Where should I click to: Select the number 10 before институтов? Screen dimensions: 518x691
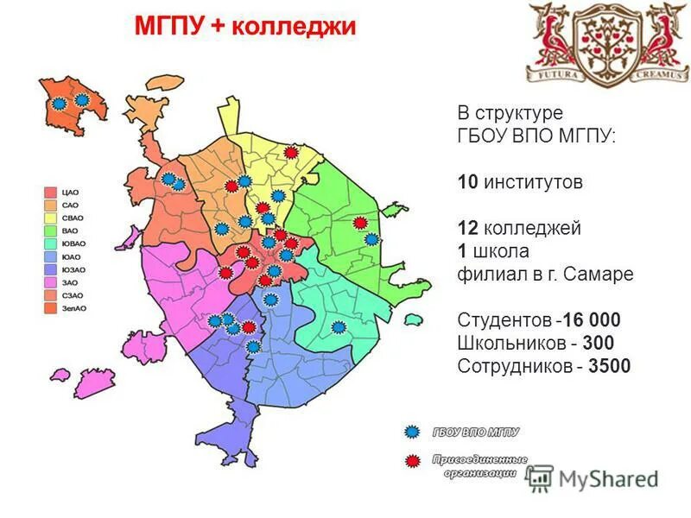click(466, 182)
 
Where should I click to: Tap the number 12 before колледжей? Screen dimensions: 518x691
click(466, 229)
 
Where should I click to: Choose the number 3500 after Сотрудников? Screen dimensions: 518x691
click(610, 366)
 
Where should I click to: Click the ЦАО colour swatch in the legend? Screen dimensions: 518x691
click(51, 192)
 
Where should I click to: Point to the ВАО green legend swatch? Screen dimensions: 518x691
click(51, 231)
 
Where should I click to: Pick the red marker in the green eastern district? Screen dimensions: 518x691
click(360, 223)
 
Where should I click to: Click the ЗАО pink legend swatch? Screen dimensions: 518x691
click(51, 282)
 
